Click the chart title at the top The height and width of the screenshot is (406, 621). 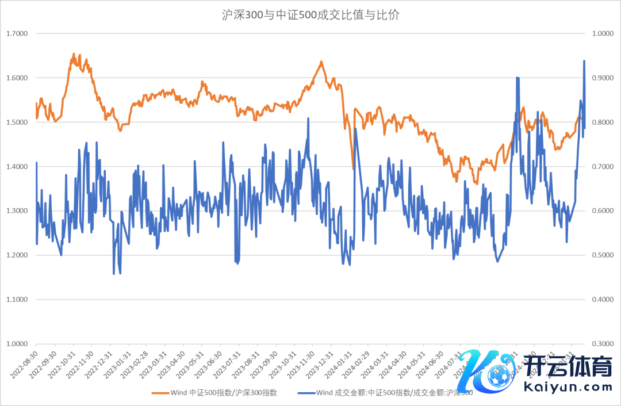tap(310, 15)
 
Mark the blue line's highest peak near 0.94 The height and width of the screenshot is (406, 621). tap(584, 61)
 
